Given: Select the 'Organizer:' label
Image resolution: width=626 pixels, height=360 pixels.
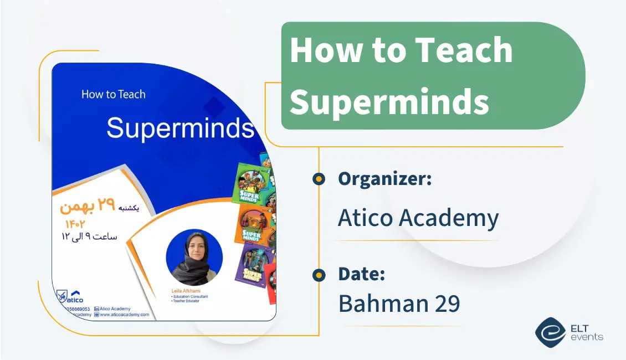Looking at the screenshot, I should pyautogui.click(x=385, y=178).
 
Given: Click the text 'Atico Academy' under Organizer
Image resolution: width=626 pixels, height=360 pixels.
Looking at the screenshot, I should pyautogui.click(x=418, y=218).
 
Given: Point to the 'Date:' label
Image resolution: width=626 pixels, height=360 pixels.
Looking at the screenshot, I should pyautogui.click(x=361, y=274).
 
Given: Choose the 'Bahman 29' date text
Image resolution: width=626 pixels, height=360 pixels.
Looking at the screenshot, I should pyautogui.click(x=399, y=303).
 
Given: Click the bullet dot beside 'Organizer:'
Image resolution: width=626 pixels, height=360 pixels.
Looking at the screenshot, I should pyautogui.click(x=319, y=178).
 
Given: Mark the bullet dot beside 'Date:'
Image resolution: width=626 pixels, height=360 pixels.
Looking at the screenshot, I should pyautogui.click(x=319, y=274).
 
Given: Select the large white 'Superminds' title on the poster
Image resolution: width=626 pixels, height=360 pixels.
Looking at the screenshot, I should pyautogui.click(x=180, y=128).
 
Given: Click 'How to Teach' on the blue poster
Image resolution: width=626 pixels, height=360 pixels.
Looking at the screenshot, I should pyautogui.click(x=114, y=94).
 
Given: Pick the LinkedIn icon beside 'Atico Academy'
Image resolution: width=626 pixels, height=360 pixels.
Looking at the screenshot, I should pyautogui.click(x=97, y=308).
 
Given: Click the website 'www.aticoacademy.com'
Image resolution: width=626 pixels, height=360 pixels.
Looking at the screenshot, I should pyautogui.click(x=125, y=315).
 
